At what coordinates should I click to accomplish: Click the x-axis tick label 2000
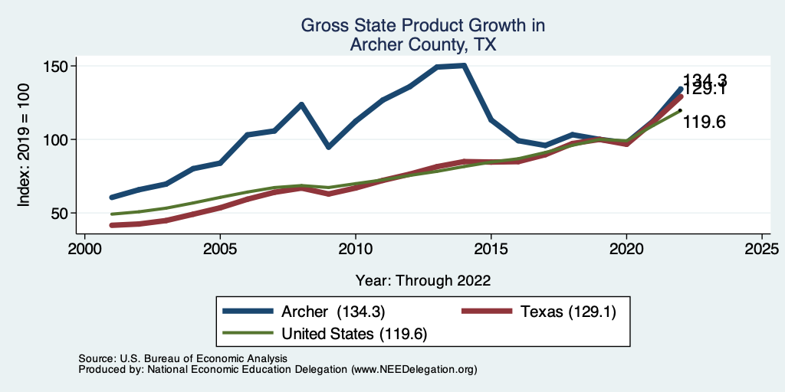click(x=84, y=250)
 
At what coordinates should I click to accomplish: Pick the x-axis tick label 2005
click(x=220, y=250)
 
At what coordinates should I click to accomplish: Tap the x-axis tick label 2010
click(x=356, y=250)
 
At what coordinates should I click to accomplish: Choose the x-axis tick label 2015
click(x=491, y=250)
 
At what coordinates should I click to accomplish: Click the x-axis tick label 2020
click(x=626, y=250)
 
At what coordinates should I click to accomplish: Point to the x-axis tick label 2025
click(x=762, y=250)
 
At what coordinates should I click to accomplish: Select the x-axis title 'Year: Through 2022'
click(x=423, y=279)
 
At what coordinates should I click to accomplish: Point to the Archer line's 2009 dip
click(x=329, y=146)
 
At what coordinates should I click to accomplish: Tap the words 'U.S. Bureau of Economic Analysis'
click(x=202, y=358)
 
